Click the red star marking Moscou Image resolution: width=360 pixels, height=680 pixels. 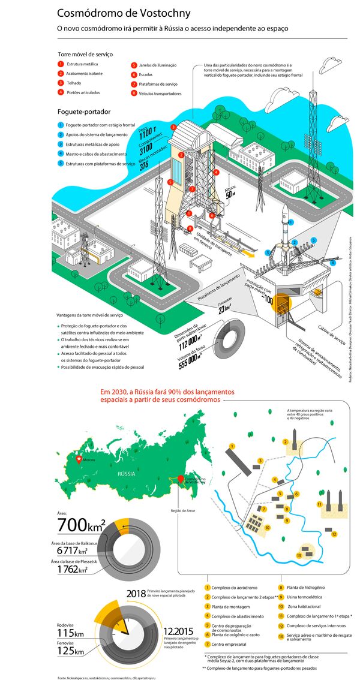click(77, 459)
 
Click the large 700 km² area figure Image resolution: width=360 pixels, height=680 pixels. click(81, 526)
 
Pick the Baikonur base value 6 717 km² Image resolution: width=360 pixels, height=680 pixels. click(72, 550)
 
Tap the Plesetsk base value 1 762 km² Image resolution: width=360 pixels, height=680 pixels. click(72, 569)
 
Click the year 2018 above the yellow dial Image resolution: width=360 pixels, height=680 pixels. click(136, 594)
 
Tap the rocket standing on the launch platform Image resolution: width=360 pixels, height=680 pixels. click(285, 228)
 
